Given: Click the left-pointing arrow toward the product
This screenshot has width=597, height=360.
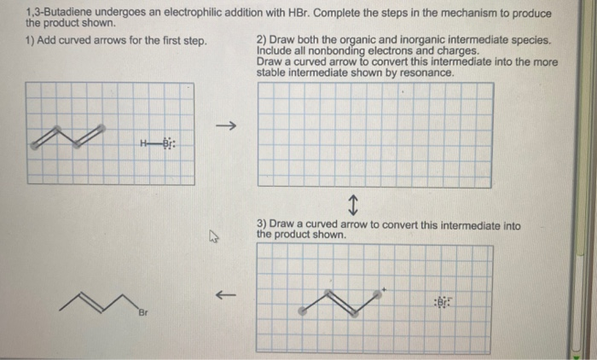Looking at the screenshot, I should (x=224, y=295).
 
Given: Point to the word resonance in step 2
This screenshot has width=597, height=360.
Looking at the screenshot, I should (x=428, y=73).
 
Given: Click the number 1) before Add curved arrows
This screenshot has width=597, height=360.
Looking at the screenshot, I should (x=31, y=41).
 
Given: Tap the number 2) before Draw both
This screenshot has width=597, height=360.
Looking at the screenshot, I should (x=261, y=40).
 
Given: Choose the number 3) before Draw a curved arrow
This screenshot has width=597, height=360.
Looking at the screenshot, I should (x=261, y=224).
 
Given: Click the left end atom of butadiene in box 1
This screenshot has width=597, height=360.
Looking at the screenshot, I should (x=33, y=146).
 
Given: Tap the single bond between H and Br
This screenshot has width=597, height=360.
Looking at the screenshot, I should (x=156, y=142).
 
